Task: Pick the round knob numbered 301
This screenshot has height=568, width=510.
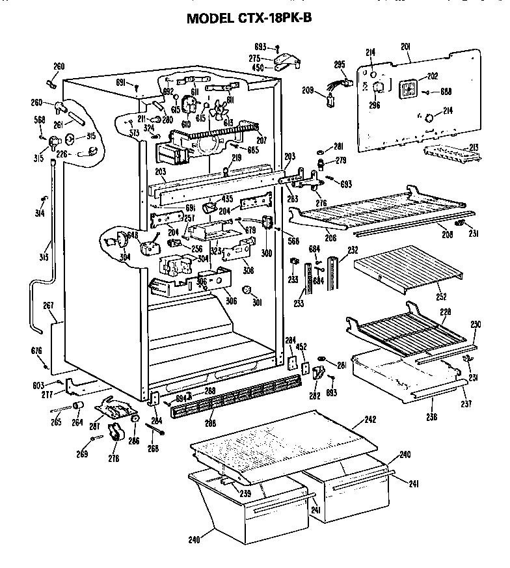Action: point(248,290)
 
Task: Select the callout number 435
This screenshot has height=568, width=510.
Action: point(227,198)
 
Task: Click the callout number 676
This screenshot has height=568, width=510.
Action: point(36,351)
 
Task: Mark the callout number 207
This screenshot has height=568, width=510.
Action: point(263,141)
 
